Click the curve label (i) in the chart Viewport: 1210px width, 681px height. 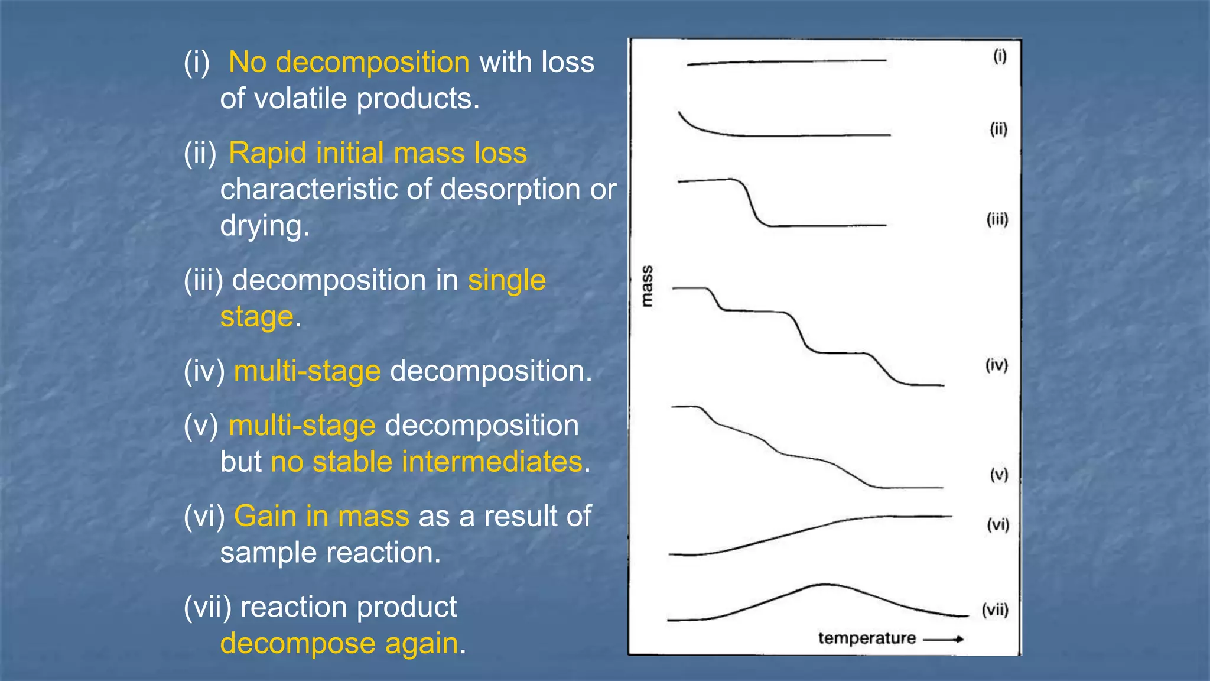point(999,56)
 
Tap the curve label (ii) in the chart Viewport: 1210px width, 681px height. point(998,129)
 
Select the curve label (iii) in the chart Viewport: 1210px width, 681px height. point(997,219)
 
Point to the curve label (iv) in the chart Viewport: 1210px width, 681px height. point(997,365)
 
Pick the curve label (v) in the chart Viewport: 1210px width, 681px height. point(998,475)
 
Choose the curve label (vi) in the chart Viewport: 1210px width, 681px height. point(998,524)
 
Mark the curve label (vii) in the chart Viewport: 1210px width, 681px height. point(995,609)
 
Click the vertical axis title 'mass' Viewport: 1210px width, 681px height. point(648,286)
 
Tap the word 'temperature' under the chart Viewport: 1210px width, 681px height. point(867,638)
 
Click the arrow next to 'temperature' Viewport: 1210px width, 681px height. point(944,639)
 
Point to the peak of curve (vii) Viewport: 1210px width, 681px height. point(824,585)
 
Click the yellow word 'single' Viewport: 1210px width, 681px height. point(506,280)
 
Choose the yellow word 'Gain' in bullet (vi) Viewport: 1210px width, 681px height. point(265,516)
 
